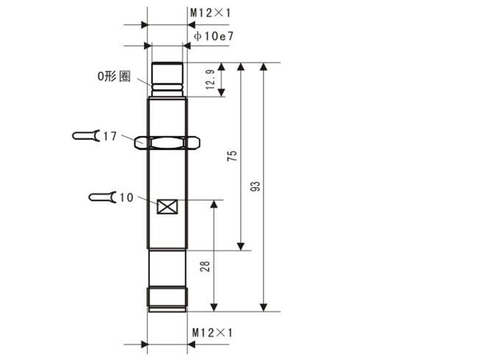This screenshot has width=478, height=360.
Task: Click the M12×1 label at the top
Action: (x=210, y=13)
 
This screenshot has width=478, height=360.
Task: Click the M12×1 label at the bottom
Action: (x=212, y=333)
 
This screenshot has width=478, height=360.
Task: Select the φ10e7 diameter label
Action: (x=214, y=36)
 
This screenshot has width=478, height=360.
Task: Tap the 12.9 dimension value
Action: (x=210, y=80)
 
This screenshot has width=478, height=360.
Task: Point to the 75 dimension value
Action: (x=232, y=156)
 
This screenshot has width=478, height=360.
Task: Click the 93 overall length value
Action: (x=255, y=186)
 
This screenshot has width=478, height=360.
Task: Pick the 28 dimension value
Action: (x=205, y=266)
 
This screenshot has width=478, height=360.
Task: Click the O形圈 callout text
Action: (x=114, y=77)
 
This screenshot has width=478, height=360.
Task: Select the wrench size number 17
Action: (x=110, y=137)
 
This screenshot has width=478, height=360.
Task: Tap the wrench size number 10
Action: (x=126, y=197)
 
